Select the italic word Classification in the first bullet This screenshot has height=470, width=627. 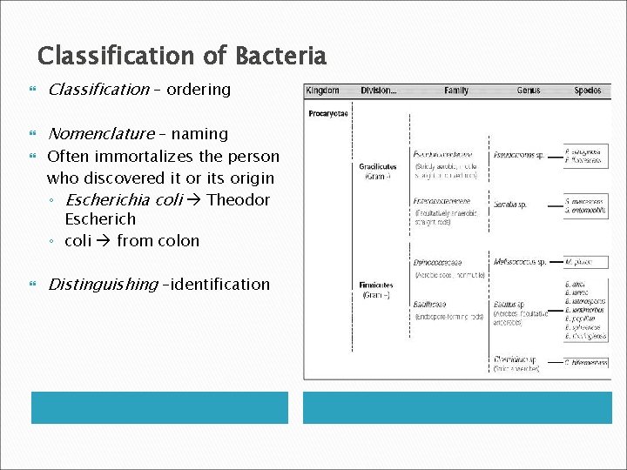click(x=98, y=89)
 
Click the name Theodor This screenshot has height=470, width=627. click(x=238, y=199)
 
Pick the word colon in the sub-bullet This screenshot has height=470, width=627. click(x=179, y=240)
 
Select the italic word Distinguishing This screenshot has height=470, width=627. click(x=103, y=284)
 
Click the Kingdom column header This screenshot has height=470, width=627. click(x=324, y=91)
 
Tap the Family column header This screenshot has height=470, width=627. click(x=455, y=91)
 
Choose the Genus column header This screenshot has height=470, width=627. click(x=528, y=91)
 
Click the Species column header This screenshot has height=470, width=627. click(x=587, y=91)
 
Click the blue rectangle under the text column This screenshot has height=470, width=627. click(x=159, y=407)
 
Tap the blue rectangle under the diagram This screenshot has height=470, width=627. click(x=458, y=407)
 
